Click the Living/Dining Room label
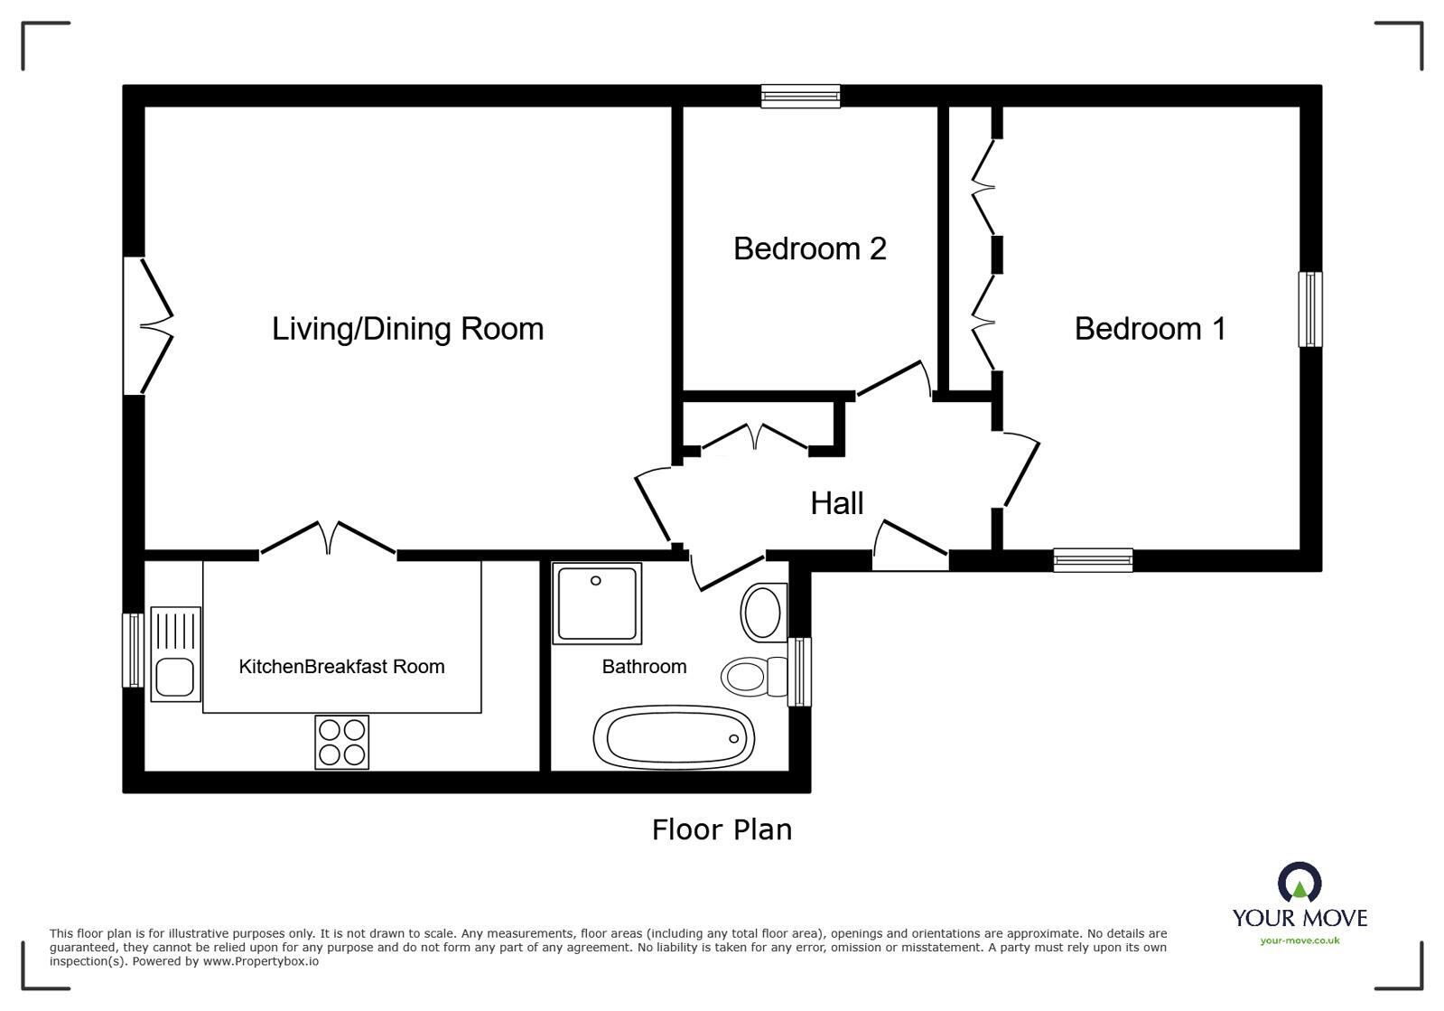tap(407, 328)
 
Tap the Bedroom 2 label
tap(809, 248)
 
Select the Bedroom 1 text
tap(1150, 328)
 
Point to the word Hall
tap(836, 503)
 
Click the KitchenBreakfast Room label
tap(341, 667)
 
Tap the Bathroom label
tap(644, 667)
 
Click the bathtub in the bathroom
tap(674, 737)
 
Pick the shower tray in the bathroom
tap(596, 604)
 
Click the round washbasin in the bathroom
tap(763, 613)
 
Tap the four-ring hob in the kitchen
tap(341, 742)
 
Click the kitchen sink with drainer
tap(175, 654)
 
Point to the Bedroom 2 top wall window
tap(800, 96)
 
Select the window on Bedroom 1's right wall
tap(1309, 309)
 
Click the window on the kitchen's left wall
tap(133, 651)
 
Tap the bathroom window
tap(799, 671)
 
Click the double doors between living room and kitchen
tap(328, 539)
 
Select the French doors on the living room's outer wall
tap(148, 326)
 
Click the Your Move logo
tap(1300, 904)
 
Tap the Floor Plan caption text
tap(722, 829)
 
